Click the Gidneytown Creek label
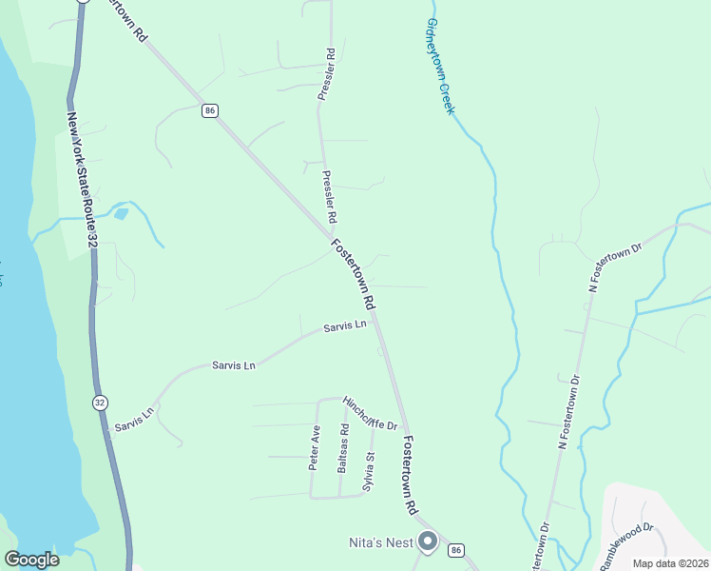pos(440,66)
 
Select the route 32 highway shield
pos(100,403)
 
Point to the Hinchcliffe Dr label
pos(370,413)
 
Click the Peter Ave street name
pos(314,448)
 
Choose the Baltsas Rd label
pos(344,449)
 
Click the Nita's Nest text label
pos(378,543)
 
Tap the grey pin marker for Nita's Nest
pos(428,542)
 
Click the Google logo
pos(31,560)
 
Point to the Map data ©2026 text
pos(669,563)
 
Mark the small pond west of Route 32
pos(121,213)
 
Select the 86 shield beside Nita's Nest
pos(457,550)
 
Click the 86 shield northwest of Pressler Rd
pos(210,111)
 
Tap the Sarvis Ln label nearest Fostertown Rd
pos(344,326)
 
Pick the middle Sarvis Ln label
pos(234,365)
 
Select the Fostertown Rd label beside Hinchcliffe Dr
pos(410,476)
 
